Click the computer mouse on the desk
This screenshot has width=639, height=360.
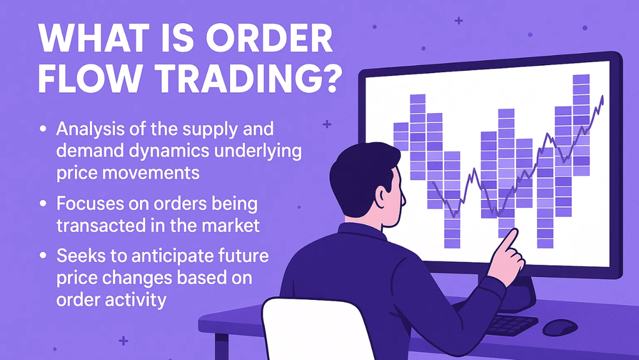click(560, 327)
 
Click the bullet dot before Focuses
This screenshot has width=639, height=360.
click(43, 205)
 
